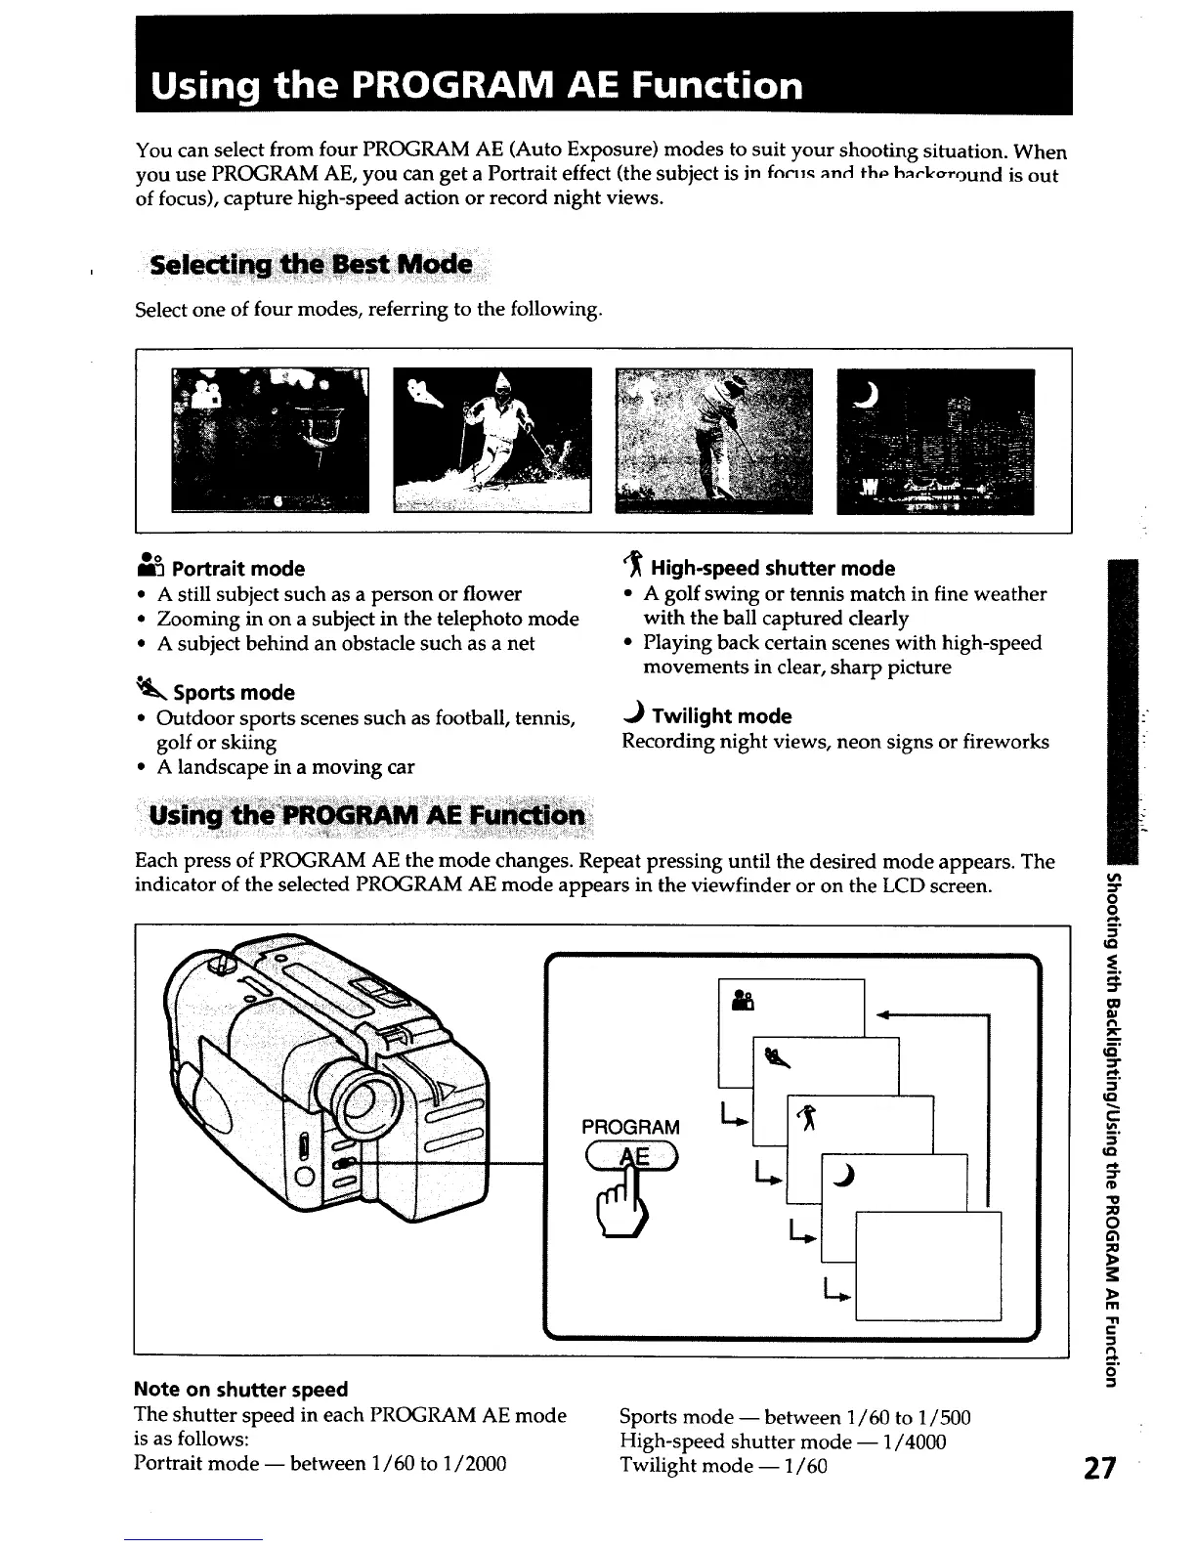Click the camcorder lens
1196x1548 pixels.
(x=365, y=1095)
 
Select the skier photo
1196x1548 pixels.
(x=492, y=439)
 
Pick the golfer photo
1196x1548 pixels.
(x=713, y=440)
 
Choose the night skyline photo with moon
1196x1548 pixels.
(x=935, y=440)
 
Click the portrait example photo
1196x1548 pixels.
(x=270, y=440)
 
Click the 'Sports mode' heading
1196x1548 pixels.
(x=234, y=693)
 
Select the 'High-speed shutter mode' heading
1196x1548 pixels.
(x=772, y=569)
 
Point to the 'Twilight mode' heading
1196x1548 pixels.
(x=721, y=716)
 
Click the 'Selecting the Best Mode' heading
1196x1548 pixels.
(x=310, y=266)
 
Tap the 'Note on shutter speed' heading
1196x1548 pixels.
(x=240, y=1390)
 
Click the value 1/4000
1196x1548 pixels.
(x=915, y=1441)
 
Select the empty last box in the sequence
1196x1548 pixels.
(x=928, y=1266)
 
